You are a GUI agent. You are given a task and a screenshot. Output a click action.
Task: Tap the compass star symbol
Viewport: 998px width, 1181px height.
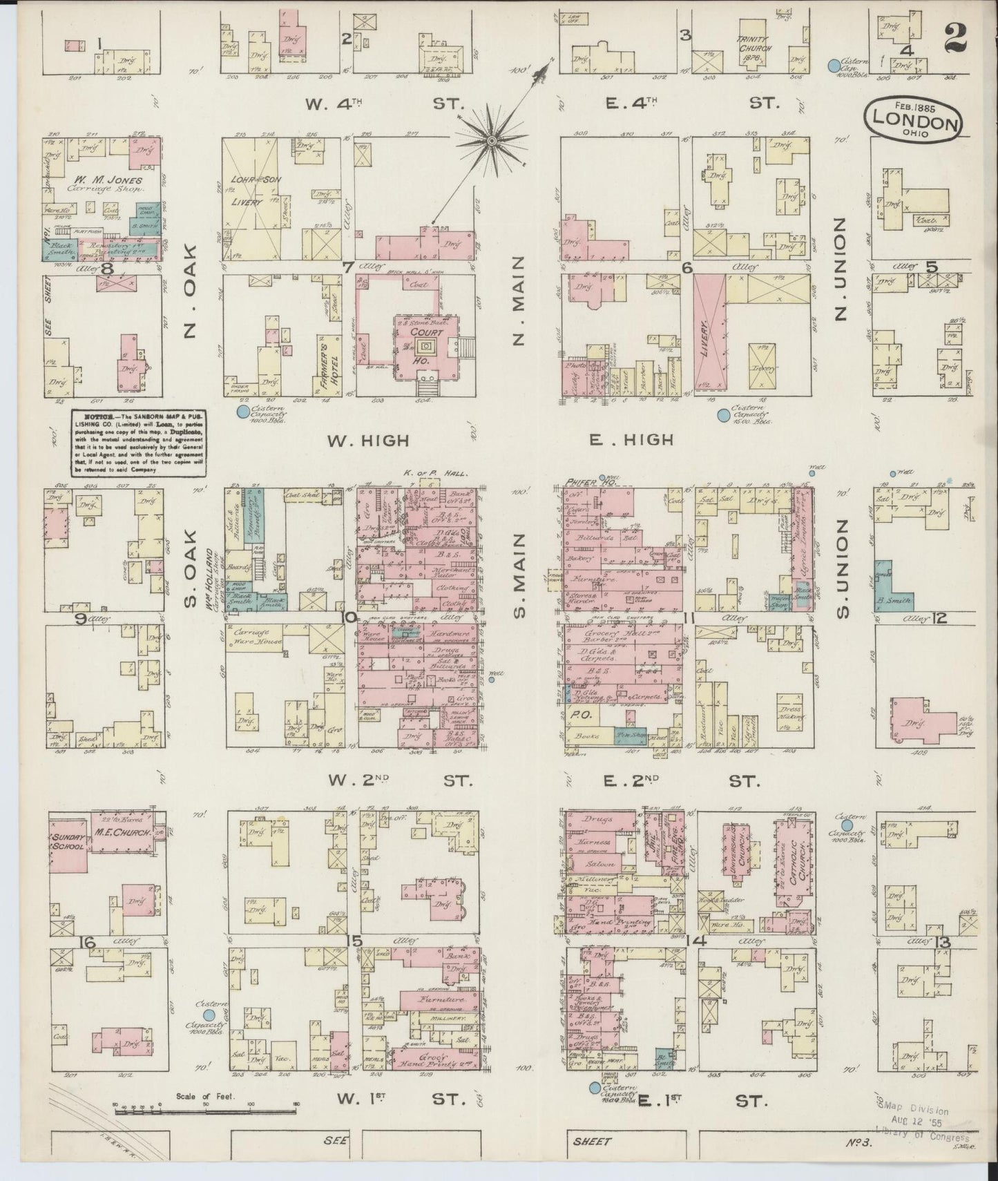coord(491,140)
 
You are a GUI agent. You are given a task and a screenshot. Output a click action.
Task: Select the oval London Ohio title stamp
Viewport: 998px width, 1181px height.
coord(913,121)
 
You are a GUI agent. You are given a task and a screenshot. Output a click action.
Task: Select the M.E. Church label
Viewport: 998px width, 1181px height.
coord(124,834)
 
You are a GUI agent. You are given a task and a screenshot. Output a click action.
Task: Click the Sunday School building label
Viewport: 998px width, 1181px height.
coord(67,842)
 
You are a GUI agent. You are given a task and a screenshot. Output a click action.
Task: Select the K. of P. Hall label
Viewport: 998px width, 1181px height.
coord(434,474)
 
